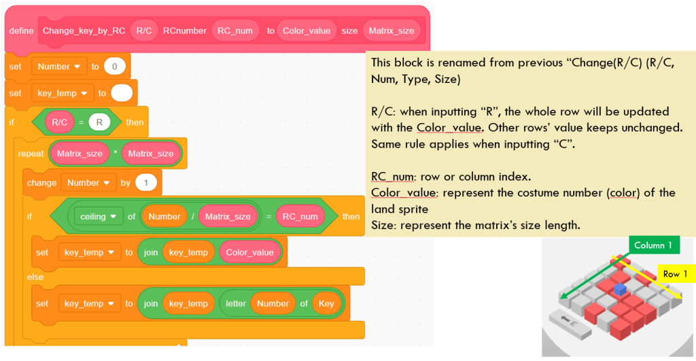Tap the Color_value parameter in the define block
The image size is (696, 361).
click(307, 31)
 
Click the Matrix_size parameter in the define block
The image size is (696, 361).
click(393, 31)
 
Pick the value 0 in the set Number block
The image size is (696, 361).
click(114, 67)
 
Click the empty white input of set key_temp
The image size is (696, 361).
click(122, 93)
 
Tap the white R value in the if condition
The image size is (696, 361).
click(99, 122)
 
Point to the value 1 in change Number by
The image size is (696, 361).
click(146, 183)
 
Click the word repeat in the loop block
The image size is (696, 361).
click(31, 154)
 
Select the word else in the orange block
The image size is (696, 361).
click(35, 277)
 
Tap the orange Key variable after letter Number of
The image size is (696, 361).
click(326, 304)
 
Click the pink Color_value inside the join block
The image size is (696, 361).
click(249, 252)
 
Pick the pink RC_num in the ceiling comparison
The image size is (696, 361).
click(300, 217)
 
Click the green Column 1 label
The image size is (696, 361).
click(653, 245)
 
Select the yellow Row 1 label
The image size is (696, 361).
click(675, 274)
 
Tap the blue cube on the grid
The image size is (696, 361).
click(619, 289)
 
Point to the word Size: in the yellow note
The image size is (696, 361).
click(385, 225)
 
